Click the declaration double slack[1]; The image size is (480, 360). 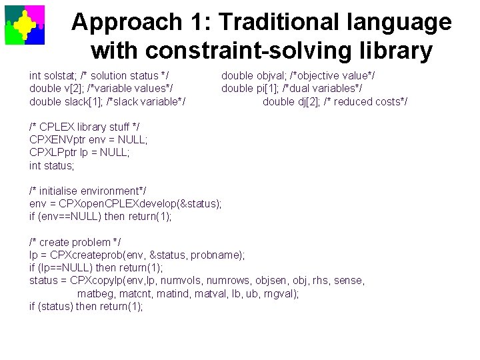66,101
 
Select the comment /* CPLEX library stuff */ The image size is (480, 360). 85,127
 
